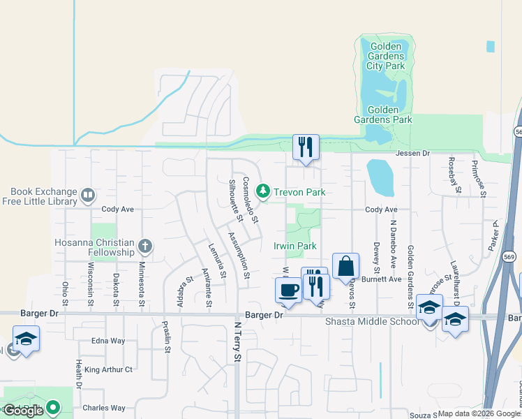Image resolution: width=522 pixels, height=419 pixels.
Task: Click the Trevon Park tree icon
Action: click(263, 191)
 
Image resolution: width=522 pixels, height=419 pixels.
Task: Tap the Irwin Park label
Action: click(294, 246)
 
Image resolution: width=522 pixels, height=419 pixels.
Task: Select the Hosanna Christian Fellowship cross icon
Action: click(145, 246)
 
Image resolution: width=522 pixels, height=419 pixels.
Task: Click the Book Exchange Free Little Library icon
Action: click(88, 195)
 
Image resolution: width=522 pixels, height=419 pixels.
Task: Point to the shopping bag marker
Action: click(345, 267)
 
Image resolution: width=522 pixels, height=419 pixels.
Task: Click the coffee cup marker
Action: click(288, 291)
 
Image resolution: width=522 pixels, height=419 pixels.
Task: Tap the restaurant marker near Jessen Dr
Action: click(305, 147)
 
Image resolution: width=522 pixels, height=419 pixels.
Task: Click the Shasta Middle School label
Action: click(371, 322)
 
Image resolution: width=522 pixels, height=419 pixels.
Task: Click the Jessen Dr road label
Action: click(413, 153)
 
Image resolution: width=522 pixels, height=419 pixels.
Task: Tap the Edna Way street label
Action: click(108, 341)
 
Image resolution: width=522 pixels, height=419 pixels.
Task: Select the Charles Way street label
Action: click(103, 408)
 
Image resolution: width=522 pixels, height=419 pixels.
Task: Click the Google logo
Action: click(24, 410)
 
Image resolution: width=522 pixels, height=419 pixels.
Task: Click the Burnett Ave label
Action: click(385, 279)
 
